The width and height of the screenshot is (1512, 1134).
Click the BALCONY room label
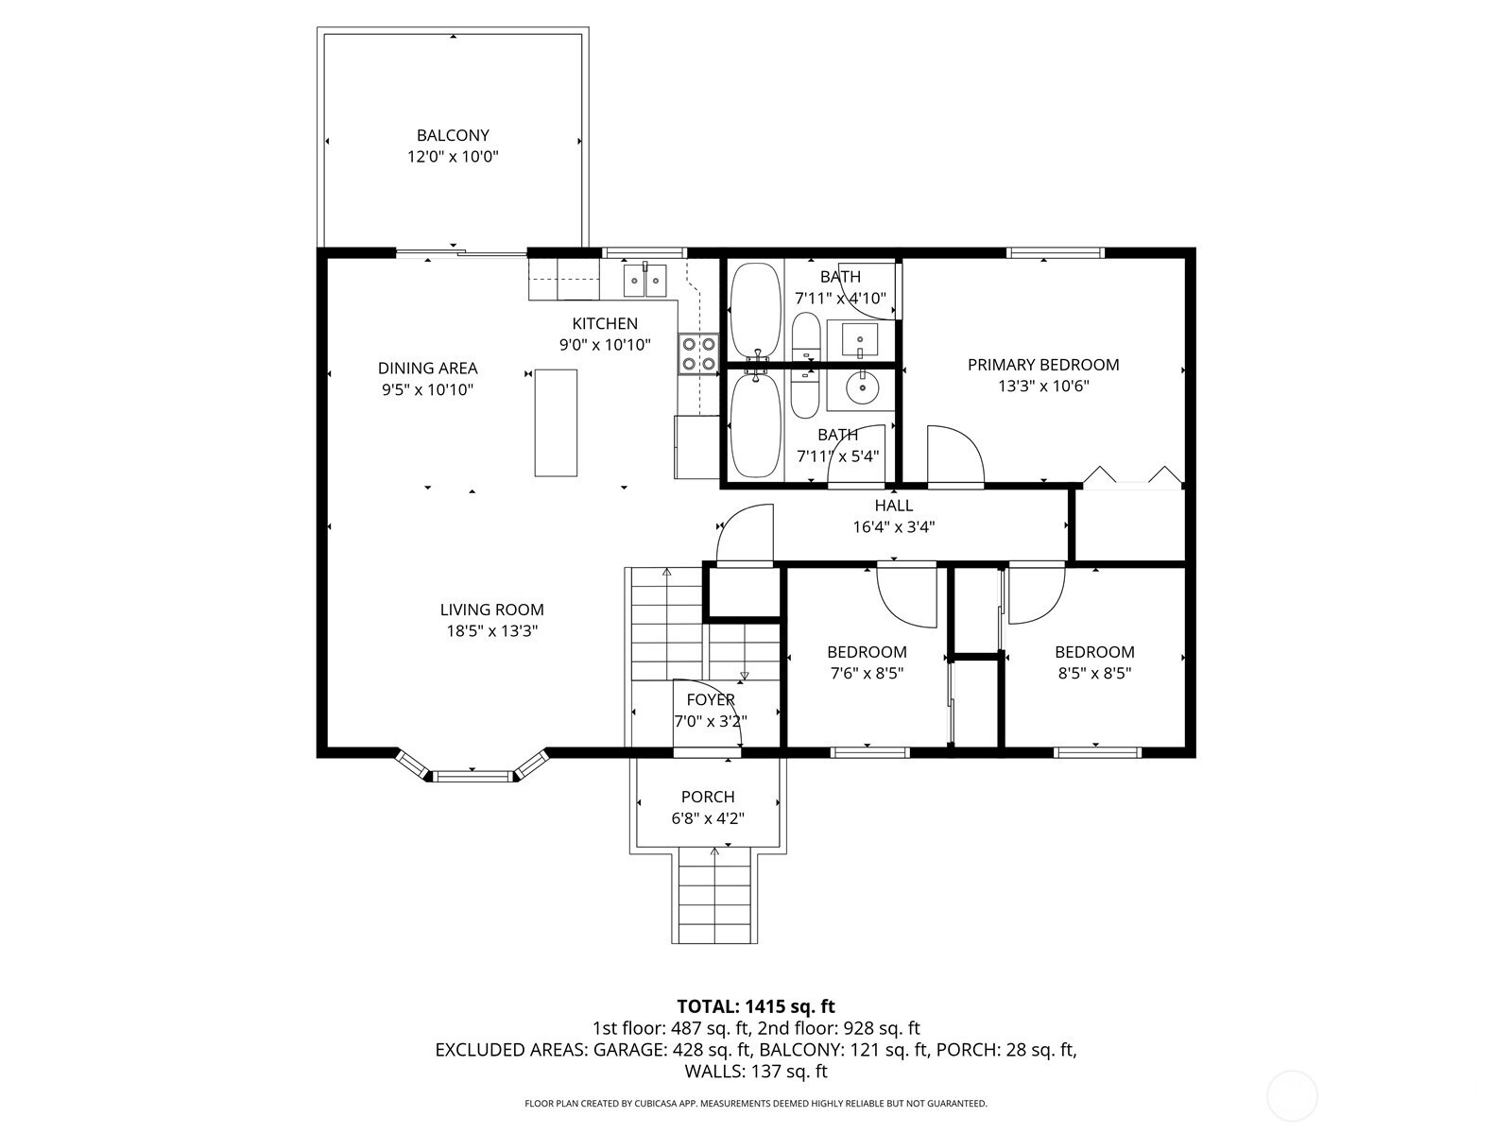click(453, 135)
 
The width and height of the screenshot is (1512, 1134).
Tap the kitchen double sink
click(645, 281)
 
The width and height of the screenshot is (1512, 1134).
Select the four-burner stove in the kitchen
click(698, 353)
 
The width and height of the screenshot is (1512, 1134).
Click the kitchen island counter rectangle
click(556, 422)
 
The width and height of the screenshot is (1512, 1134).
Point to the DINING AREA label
click(428, 368)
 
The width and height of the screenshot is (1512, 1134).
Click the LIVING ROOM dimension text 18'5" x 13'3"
click(491, 630)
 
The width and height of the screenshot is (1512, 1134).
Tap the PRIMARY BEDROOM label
click(1043, 364)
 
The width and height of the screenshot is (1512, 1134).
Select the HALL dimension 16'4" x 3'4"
click(893, 526)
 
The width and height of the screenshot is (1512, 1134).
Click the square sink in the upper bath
click(860, 338)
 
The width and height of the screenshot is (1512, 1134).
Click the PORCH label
click(708, 797)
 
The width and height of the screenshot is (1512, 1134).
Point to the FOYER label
click(711, 699)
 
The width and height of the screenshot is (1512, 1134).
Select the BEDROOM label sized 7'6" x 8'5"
click(867, 651)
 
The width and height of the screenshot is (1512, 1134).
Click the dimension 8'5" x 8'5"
click(1094, 673)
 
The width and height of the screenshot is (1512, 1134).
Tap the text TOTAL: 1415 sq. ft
click(756, 1006)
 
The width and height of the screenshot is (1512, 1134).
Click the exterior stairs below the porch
click(715, 898)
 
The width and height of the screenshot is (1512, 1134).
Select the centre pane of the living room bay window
click(473, 777)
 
